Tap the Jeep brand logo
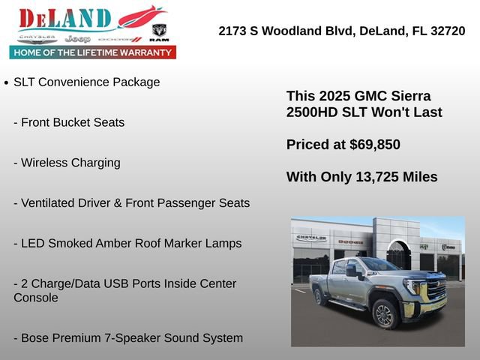(x=77, y=38)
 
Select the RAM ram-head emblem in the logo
(x=159, y=31)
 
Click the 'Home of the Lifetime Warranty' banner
(x=93, y=52)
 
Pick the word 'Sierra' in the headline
(x=409, y=96)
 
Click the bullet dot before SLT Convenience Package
(x=6, y=83)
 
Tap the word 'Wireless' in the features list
(x=46, y=163)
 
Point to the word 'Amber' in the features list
(x=127, y=244)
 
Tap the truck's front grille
(x=436, y=289)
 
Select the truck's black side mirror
(x=351, y=271)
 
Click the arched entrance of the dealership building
(x=398, y=255)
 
